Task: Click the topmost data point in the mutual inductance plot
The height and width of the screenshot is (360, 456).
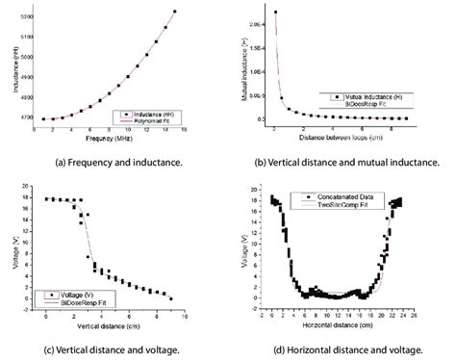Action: tap(275, 13)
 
